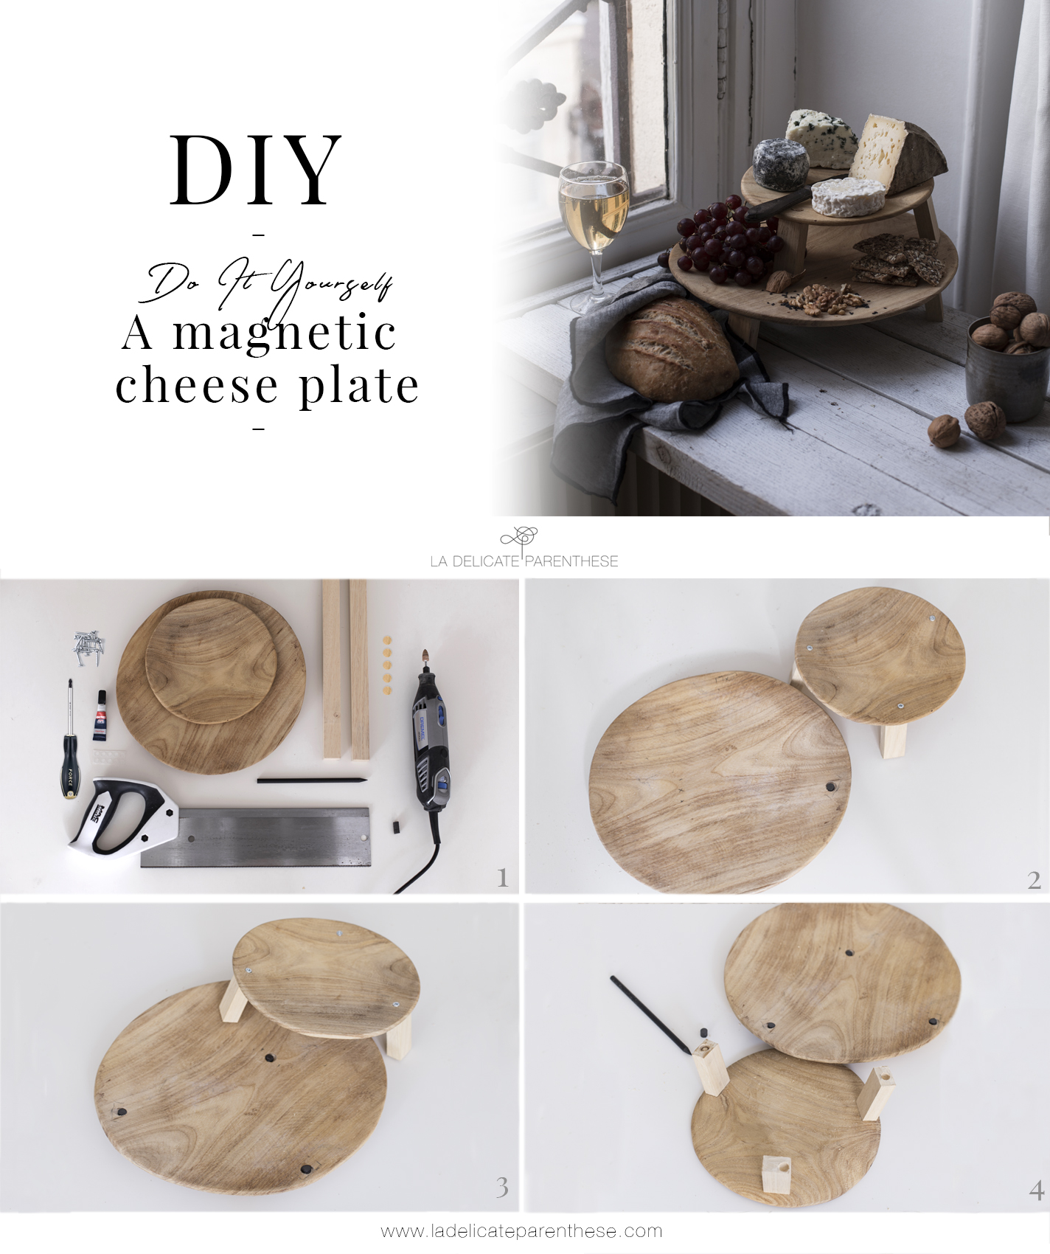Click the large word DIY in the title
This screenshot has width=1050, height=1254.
256,170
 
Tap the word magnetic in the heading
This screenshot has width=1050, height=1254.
285,334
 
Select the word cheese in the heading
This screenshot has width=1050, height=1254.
197,385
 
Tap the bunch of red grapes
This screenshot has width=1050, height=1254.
726,240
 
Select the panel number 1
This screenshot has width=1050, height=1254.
503,878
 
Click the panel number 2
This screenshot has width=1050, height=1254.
1034,880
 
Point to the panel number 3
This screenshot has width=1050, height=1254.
502,1188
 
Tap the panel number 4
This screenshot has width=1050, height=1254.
1036,1190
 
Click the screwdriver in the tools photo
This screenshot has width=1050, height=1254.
69,738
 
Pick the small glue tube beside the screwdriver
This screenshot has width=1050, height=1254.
100,716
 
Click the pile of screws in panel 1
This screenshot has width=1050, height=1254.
89,647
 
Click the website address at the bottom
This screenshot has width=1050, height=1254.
521,1231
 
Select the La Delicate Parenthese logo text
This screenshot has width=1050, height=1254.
524,561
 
